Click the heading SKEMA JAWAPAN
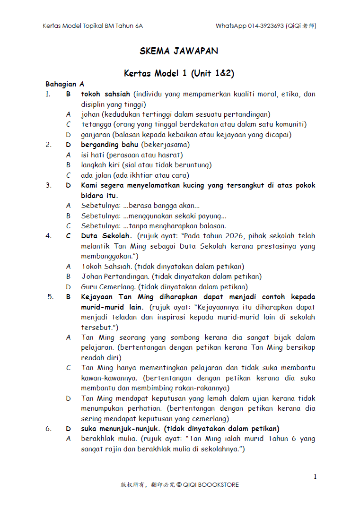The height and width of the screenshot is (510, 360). point(179,51)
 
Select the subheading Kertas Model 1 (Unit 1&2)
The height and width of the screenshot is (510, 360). point(179,74)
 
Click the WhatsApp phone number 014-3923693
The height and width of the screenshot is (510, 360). point(265,26)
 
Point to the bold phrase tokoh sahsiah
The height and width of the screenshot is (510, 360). point(105,94)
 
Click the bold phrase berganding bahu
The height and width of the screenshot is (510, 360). point(109,145)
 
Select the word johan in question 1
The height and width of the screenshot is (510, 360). point(90,114)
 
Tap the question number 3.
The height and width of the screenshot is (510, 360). point(48,185)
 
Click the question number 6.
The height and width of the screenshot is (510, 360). point(48,429)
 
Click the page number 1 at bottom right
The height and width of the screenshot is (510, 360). point(315,477)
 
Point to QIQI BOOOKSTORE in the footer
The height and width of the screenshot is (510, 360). point(211,485)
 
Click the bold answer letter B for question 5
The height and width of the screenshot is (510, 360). point(68,297)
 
